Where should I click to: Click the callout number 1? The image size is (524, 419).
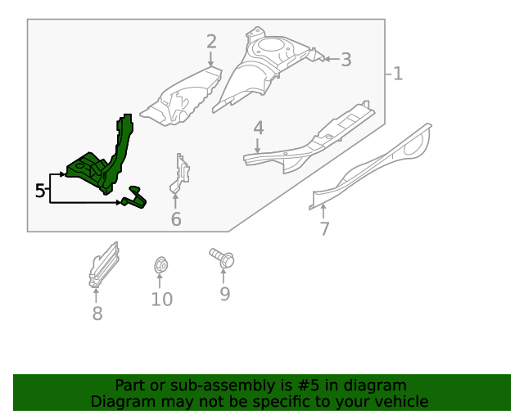tap(398, 74)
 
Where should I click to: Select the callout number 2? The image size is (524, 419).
tap(211, 42)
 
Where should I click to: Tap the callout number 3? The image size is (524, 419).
tap(346, 60)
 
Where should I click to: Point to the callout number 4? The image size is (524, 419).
tap(259, 128)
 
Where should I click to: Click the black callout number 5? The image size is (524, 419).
tap(40, 191)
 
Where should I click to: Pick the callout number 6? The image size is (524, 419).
tap(176, 219)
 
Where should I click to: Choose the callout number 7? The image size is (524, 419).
tap(324, 229)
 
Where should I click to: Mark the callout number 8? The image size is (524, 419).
tap(97, 313)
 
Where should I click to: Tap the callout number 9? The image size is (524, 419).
tap(225, 294)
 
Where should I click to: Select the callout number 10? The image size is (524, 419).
tap(162, 299)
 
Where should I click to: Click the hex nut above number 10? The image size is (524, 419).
tap(160, 265)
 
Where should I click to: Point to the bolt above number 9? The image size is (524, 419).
tap(222, 258)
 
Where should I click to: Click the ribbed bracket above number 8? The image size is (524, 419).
tap(104, 265)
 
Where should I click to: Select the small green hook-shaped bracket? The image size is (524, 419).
tap(135, 199)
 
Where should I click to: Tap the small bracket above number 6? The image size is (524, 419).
tap(180, 173)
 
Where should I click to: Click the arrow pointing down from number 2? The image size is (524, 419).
tap(210, 58)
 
